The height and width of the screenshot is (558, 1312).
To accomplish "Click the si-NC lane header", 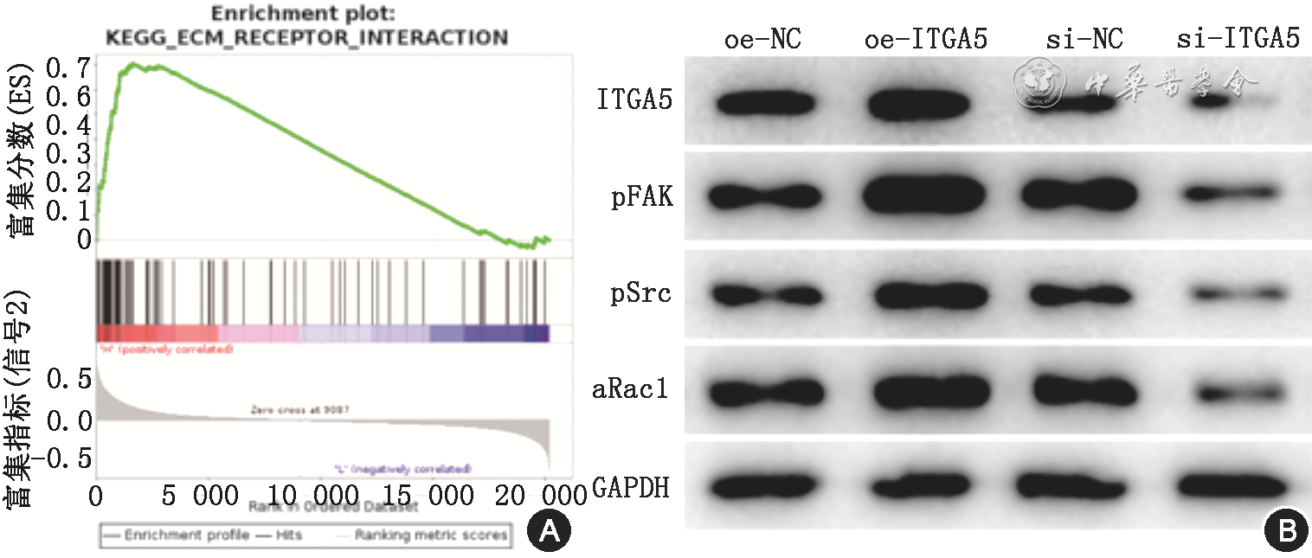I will click(x=1083, y=40).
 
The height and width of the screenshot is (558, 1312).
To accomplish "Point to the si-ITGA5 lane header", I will click(x=1238, y=40).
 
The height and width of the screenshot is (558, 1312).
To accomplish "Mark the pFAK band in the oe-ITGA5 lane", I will click(x=925, y=197).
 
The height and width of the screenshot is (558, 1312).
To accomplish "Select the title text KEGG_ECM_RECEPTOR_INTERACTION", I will click(x=305, y=37).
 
